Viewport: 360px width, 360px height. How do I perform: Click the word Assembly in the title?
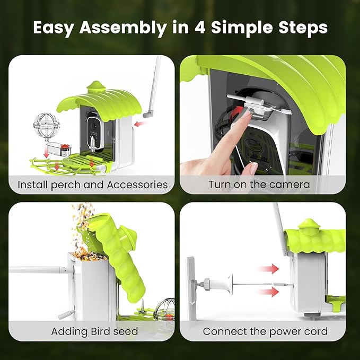123,28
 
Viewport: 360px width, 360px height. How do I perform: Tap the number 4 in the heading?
200,28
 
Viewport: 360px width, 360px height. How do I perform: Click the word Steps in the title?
303,28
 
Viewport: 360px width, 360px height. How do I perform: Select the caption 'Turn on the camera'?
259,185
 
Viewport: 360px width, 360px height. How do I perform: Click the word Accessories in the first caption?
137,185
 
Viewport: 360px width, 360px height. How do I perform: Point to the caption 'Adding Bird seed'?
94,331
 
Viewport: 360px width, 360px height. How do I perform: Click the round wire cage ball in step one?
46,126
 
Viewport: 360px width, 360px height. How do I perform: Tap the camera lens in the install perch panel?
93,126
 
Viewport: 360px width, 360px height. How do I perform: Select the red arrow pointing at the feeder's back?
140,124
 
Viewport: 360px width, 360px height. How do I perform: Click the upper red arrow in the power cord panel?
268,269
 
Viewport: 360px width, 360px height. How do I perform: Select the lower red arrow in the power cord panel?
268,292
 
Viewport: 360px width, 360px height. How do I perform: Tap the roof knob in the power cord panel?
309,224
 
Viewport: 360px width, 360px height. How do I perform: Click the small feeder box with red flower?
58,149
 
